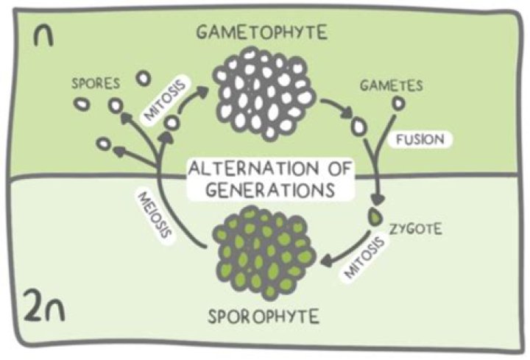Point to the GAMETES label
coord(391,85)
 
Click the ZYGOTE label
coord(417,229)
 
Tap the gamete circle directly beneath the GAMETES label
coord(398,105)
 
